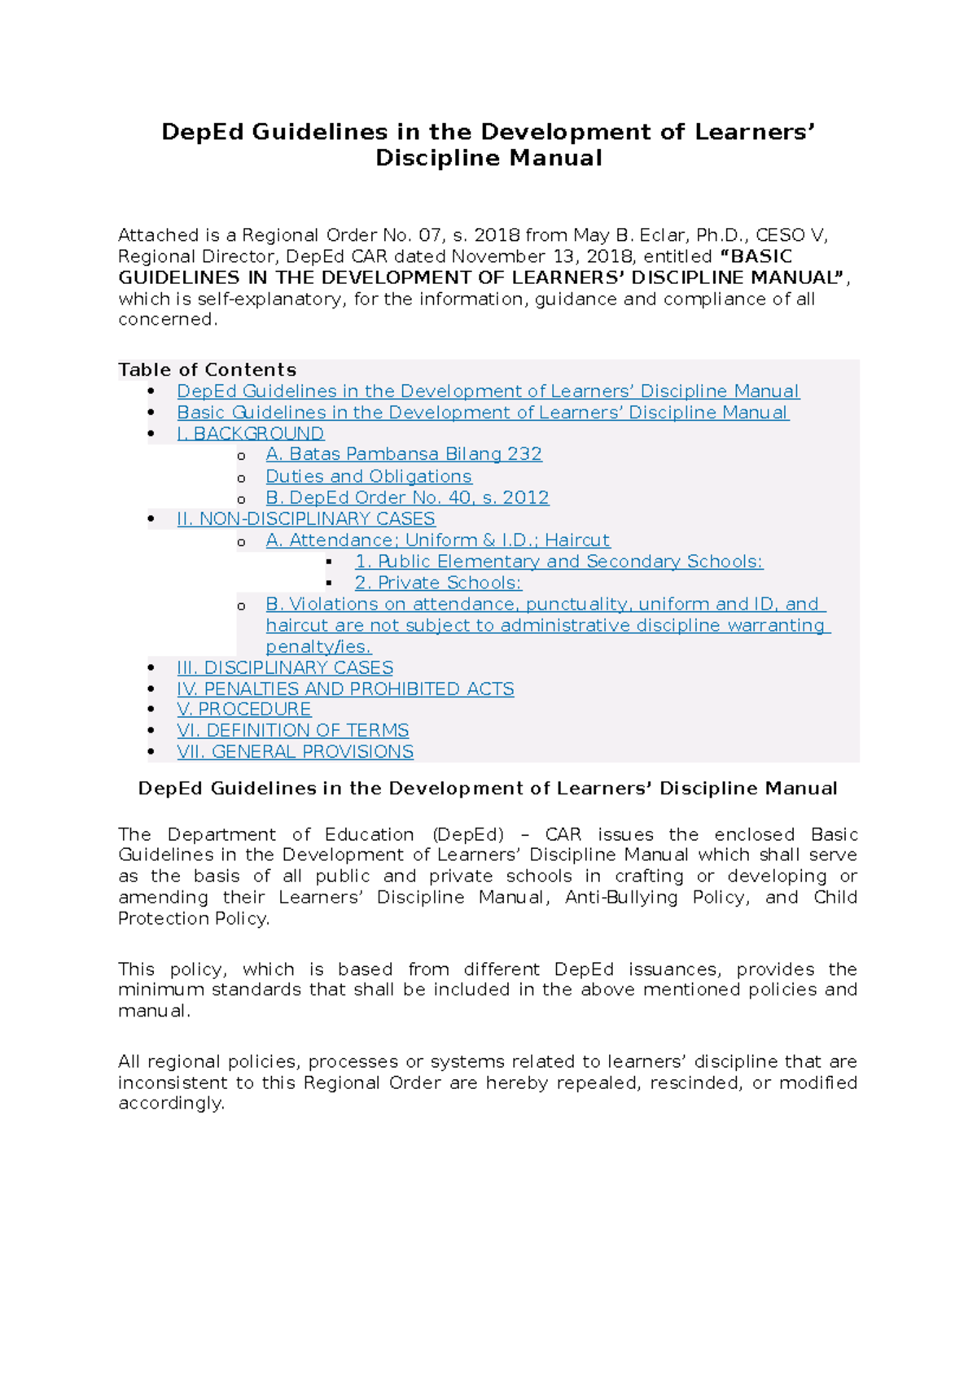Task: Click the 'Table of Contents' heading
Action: tap(207, 370)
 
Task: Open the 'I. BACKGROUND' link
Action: tap(251, 434)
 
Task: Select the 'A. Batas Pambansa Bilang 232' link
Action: tap(404, 454)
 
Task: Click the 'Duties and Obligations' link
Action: tap(369, 476)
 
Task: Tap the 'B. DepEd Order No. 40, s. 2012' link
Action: tap(407, 497)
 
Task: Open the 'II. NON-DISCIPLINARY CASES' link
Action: tap(306, 518)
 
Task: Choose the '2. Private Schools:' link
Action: tap(438, 583)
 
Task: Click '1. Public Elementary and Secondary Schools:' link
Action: tap(559, 562)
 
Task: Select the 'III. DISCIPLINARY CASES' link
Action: tap(285, 667)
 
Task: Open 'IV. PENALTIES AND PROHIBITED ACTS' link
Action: tap(345, 689)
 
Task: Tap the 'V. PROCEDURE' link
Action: tap(244, 709)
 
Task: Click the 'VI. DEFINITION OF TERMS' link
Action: tap(293, 730)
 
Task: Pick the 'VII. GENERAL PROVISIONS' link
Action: tap(296, 751)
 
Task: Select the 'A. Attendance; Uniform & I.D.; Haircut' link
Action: tap(438, 540)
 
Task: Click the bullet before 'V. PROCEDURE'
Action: tap(151, 710)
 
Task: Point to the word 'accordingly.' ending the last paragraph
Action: tap(171, 1104)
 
